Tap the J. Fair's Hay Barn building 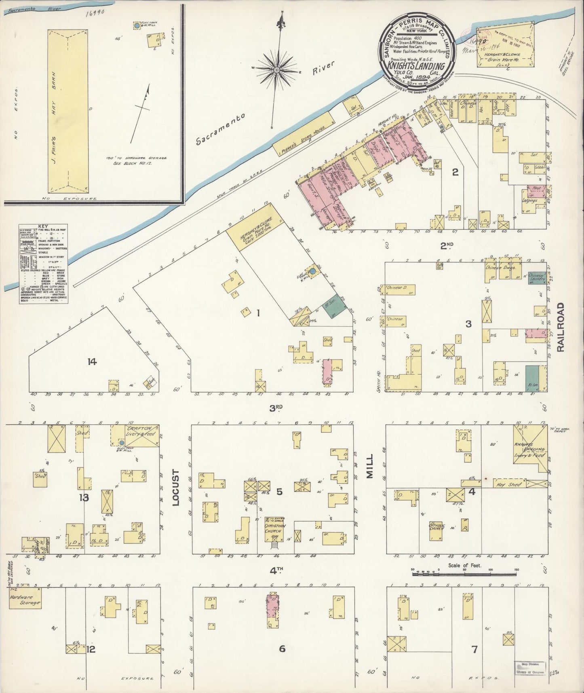tap(67, 110)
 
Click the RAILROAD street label tap(560, 327)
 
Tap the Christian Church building tap(275, 528)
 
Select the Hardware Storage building tap(25, 600)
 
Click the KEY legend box tap(43, 263)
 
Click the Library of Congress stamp tap(530, 668)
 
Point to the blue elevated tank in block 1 tap(312, 271)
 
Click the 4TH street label tap(276, 570)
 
